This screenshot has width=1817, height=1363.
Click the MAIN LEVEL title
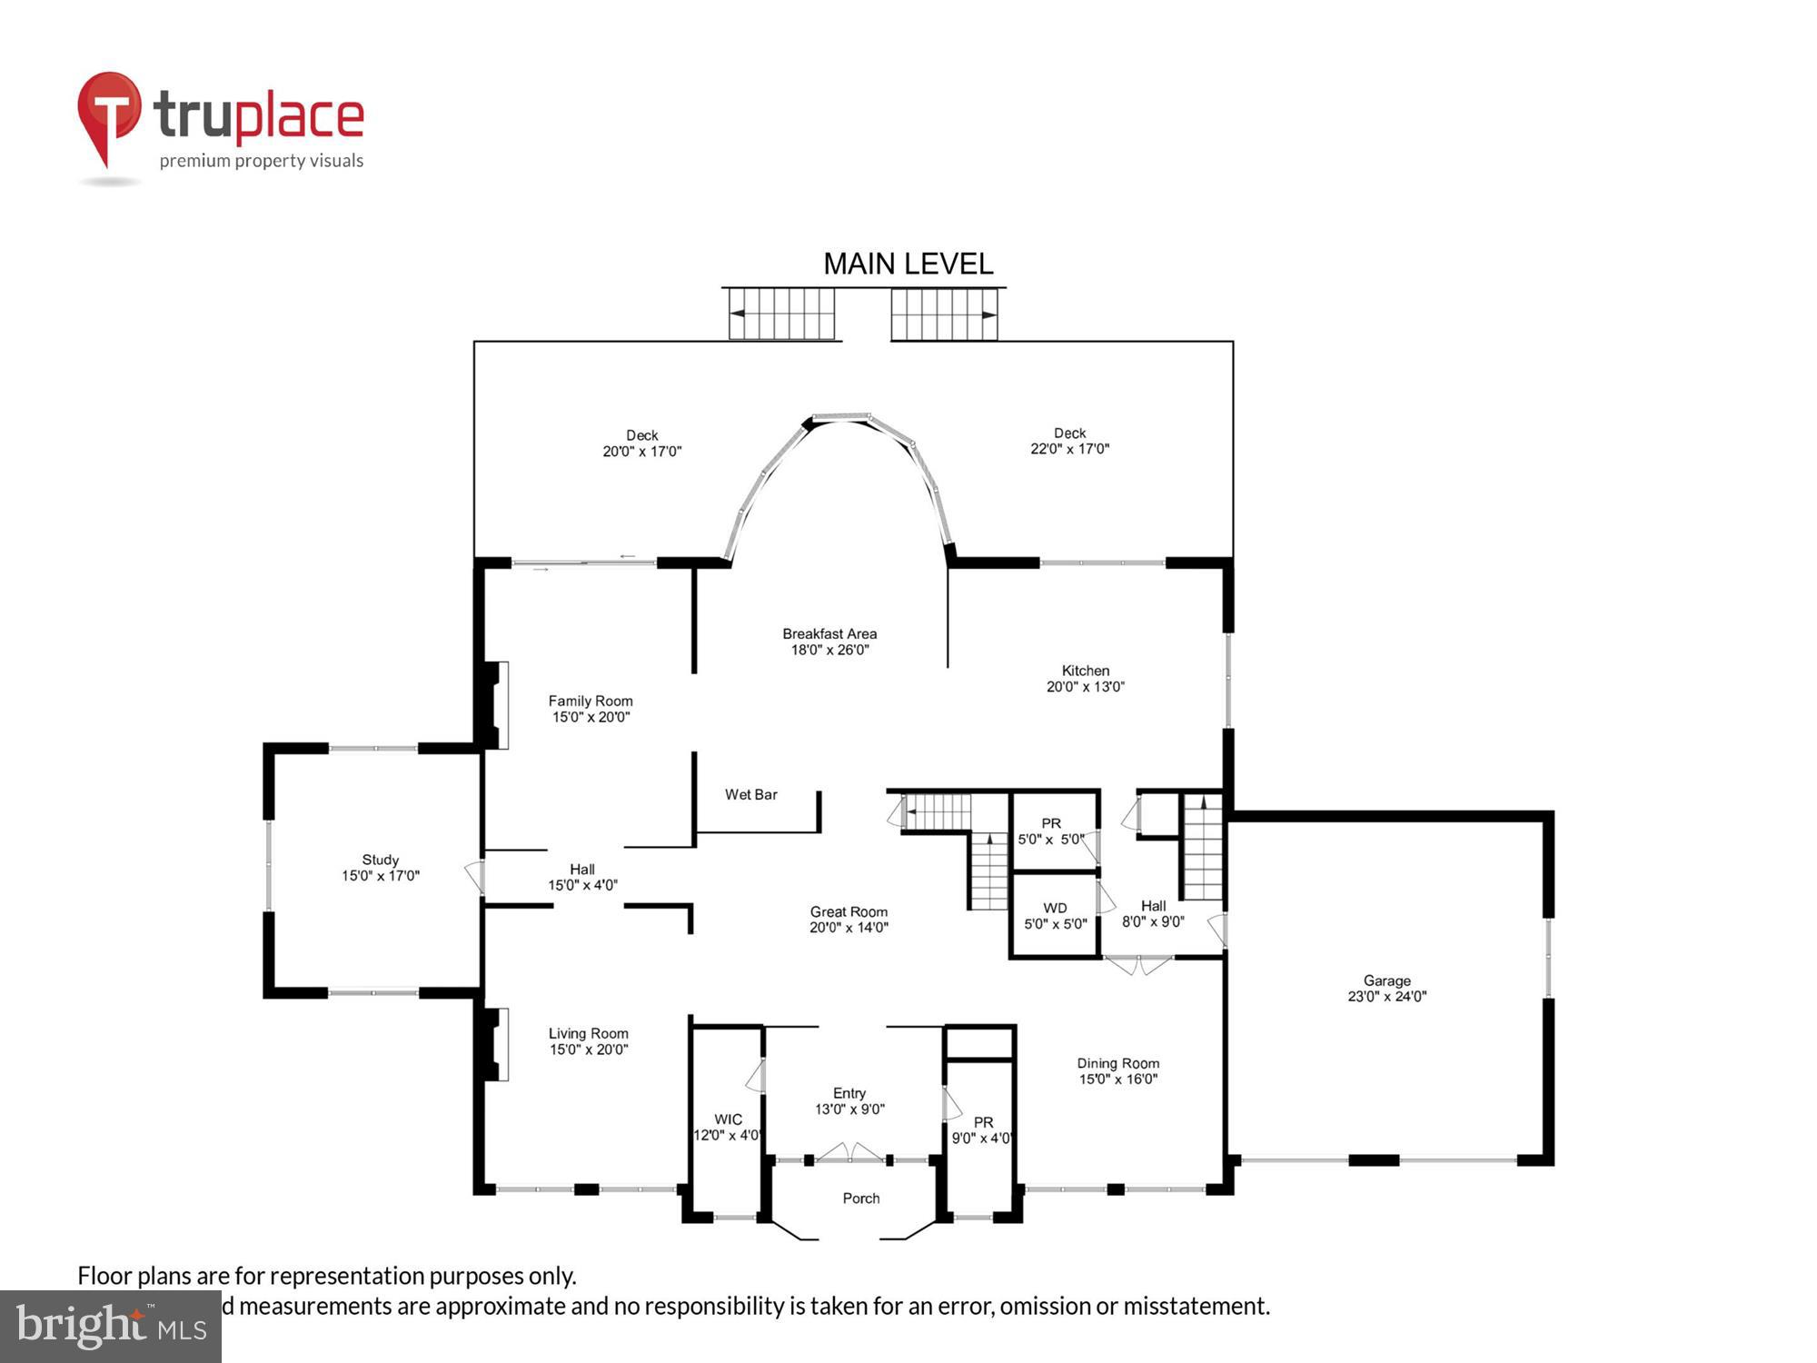pyautogui.click(x=908, y=264)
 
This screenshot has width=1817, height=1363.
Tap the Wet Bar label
pyautogui.click(x=750, y=794)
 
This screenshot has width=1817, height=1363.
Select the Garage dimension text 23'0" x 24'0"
pyautogui.click(x=1386, y=996)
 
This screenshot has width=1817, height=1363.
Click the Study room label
pyautogui.click(x=380, y=860)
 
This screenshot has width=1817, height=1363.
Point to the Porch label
pyautogui.click(x=860, y=1198)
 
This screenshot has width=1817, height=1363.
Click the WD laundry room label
pyautogui.click(x=1055, y=908)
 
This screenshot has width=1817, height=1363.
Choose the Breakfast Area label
pyautogui.click(x=829, y=633)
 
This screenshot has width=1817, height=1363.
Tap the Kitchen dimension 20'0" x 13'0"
pyautogui.click(x=1085, y=687)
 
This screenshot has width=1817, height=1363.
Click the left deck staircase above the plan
pyautogui.click(x=781, y=313)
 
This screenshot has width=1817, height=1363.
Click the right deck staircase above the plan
pyautogui.click(x=944, y=313)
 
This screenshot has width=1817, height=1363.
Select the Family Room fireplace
pyautogui.click(x=496, y=704)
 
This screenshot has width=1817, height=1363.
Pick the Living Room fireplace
pyautogui.click(x=496, y=1044)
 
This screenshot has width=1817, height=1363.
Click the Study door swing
pyautogui.click(x=474, y=876)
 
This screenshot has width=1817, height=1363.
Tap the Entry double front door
pyautogui.click(x=849, y=1154)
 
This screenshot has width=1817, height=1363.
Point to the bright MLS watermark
pyautogui.click(x=111, y=1327)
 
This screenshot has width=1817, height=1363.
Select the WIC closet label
pyautogui.click(x=728, y=1119)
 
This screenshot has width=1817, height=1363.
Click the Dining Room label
pyautogui.click(x=1117, y=1063)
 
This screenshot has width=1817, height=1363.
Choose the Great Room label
pyautogui.click(x=849, y=911)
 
